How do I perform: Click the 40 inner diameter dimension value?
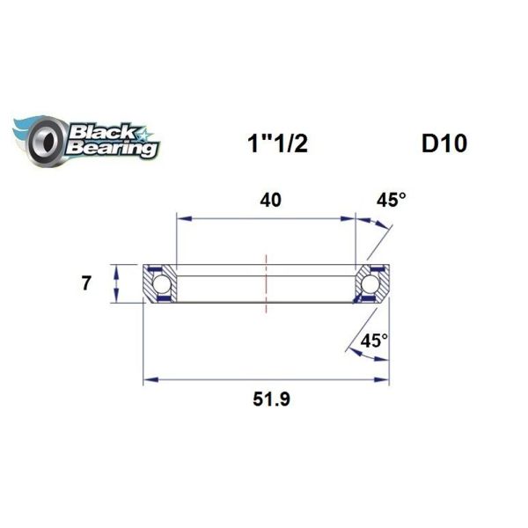(271, 201)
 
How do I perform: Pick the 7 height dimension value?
(85, 283)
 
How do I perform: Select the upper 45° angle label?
(392, 201)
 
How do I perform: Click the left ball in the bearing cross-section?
(162, 283)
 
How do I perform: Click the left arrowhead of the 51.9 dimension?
(149, 380)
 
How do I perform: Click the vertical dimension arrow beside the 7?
(117, 283)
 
